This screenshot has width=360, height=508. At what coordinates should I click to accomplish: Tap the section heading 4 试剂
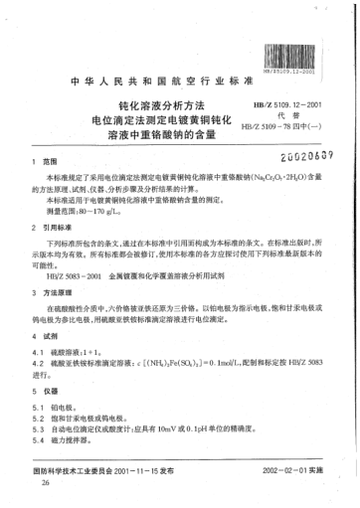click(46, 341)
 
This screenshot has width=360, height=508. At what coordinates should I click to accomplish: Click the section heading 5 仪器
click(46, 394)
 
